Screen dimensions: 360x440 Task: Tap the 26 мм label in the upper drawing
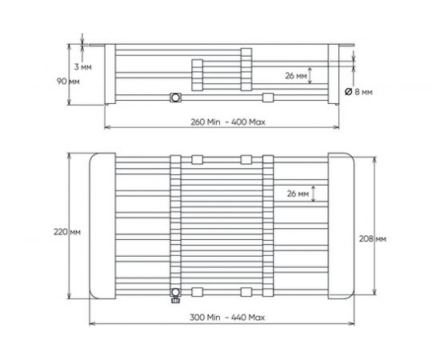click(x=295, y=76)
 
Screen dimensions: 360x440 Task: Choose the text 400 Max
click(x=249, y=122)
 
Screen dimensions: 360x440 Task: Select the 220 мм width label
click(x=69, y=231)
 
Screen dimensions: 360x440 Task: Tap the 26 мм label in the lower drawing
click(x=295, y=194)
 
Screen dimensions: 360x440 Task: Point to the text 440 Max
click(x=248, y=318)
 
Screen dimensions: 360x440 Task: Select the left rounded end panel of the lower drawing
click(x=102, y=225)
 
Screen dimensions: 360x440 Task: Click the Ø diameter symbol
click(x=349, y=93)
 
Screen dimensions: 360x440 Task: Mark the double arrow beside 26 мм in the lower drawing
click(x=313, y=194)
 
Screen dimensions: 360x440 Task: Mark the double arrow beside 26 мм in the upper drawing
click(x=313, y=76)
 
